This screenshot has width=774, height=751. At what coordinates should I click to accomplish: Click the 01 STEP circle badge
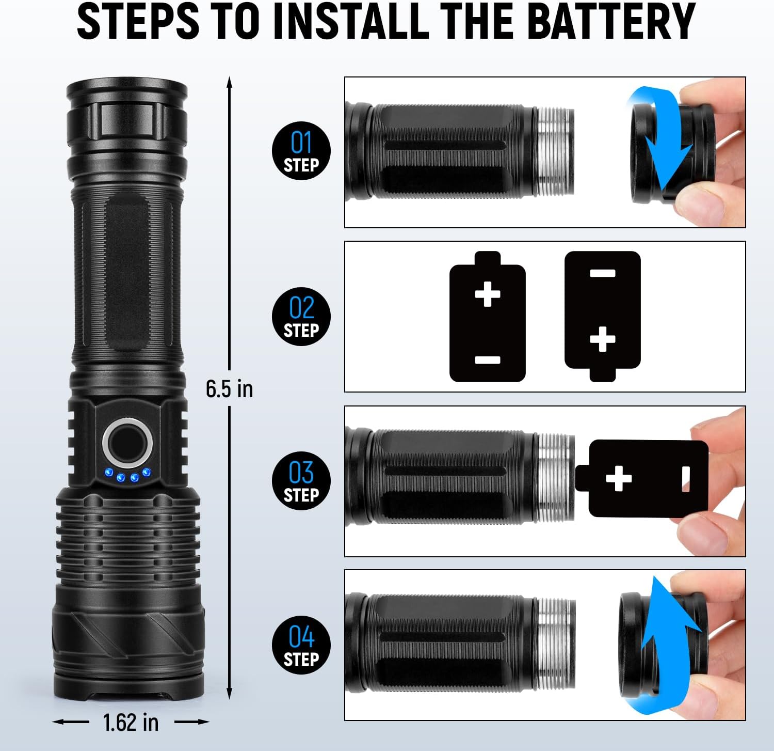301,151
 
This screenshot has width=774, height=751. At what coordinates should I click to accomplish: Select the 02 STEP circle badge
301,316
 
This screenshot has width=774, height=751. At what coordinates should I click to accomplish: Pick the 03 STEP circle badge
301,481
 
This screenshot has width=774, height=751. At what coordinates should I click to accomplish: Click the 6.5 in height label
229,388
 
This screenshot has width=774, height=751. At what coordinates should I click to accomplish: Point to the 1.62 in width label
131,722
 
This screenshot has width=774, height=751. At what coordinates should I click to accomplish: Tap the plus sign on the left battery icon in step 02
488,294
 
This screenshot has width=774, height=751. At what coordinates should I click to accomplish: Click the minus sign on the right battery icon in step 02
602,273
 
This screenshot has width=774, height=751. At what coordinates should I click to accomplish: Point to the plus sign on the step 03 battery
619,478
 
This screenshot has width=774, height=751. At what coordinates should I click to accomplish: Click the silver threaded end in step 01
555,152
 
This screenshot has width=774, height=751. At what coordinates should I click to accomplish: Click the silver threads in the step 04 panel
556,644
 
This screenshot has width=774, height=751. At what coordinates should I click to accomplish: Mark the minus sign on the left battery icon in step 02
488,360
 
